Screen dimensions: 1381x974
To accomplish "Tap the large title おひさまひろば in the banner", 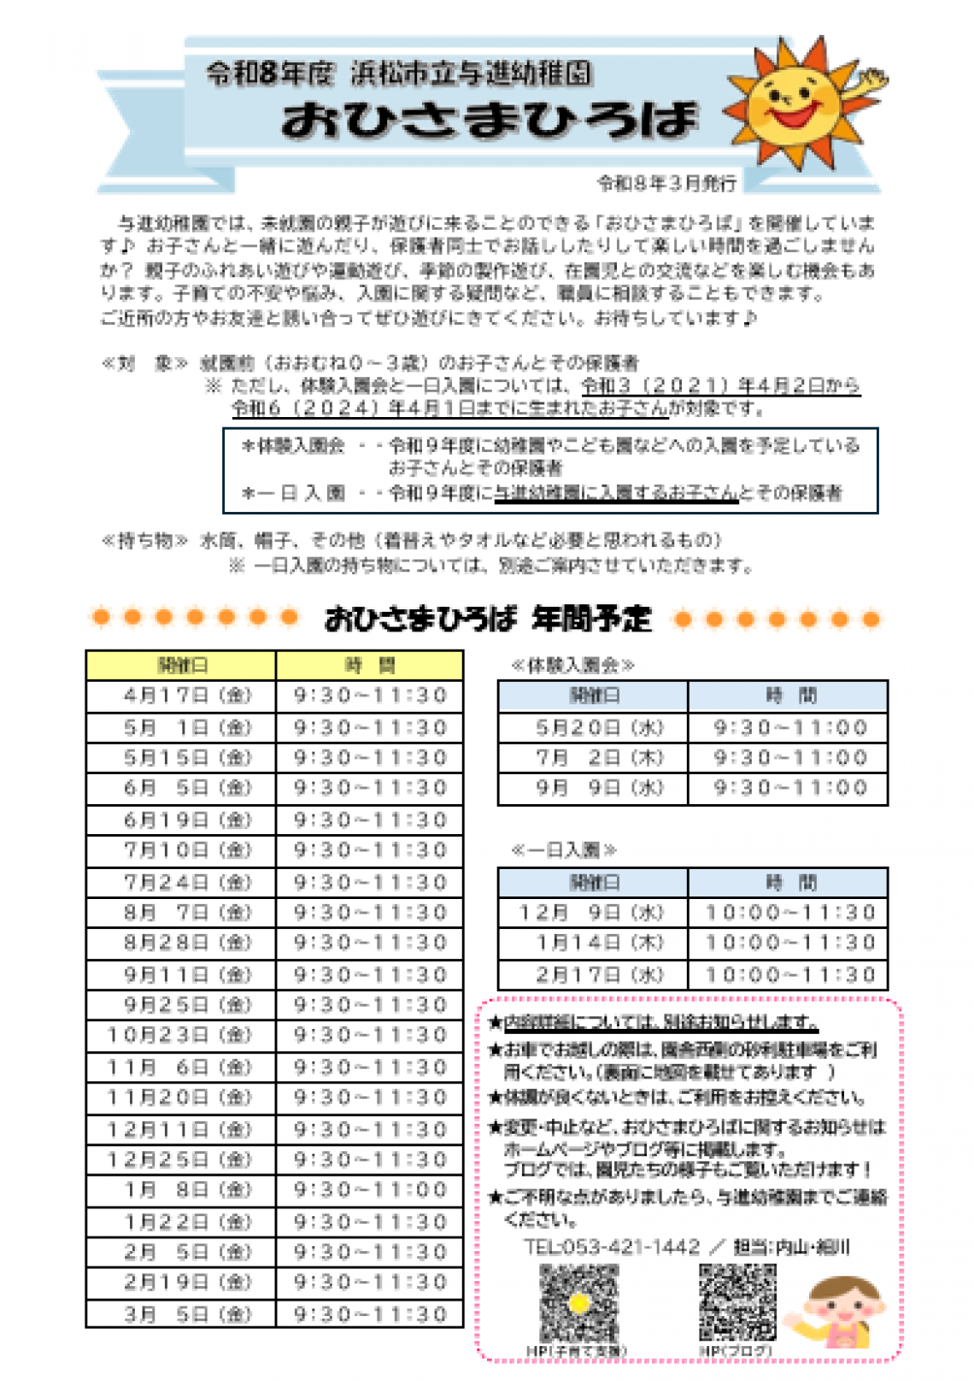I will [x=490, y=120].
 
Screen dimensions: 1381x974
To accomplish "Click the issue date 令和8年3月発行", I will [x=666, y=183].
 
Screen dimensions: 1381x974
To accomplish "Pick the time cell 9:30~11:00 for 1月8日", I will [x=370, y=1190].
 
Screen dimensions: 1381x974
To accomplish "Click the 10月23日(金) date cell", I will [x=181, y=1036].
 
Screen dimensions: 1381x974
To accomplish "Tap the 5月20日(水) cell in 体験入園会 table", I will [x=593, y=728].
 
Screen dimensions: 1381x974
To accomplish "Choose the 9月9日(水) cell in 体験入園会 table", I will [x=593, y=788].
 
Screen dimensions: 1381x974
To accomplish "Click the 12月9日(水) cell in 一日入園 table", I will [x=593, y=913].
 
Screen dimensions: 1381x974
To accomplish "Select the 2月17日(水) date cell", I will [x=593, y=974].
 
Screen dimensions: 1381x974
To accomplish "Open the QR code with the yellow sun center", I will [x=578, y=1302].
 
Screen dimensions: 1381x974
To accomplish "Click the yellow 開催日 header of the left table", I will [x=181, y=666].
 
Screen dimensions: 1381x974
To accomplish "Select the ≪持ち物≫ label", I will [x=144, y=540].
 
